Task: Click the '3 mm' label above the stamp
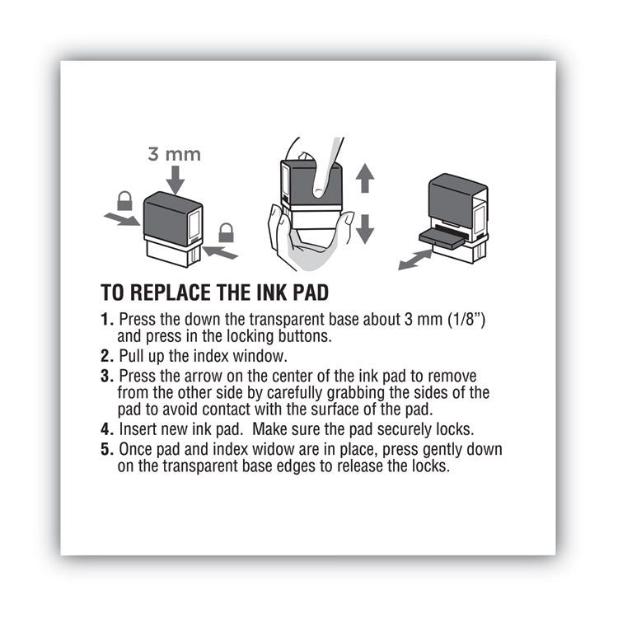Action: (x=174, y=153)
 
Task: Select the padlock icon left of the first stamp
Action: (x=124, y=200)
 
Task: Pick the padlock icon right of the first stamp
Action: (x=226, y=232)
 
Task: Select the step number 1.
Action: (x=106, y=319)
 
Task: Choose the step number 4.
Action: (x=106, y=428)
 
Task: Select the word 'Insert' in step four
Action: (x=138, y=428)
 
